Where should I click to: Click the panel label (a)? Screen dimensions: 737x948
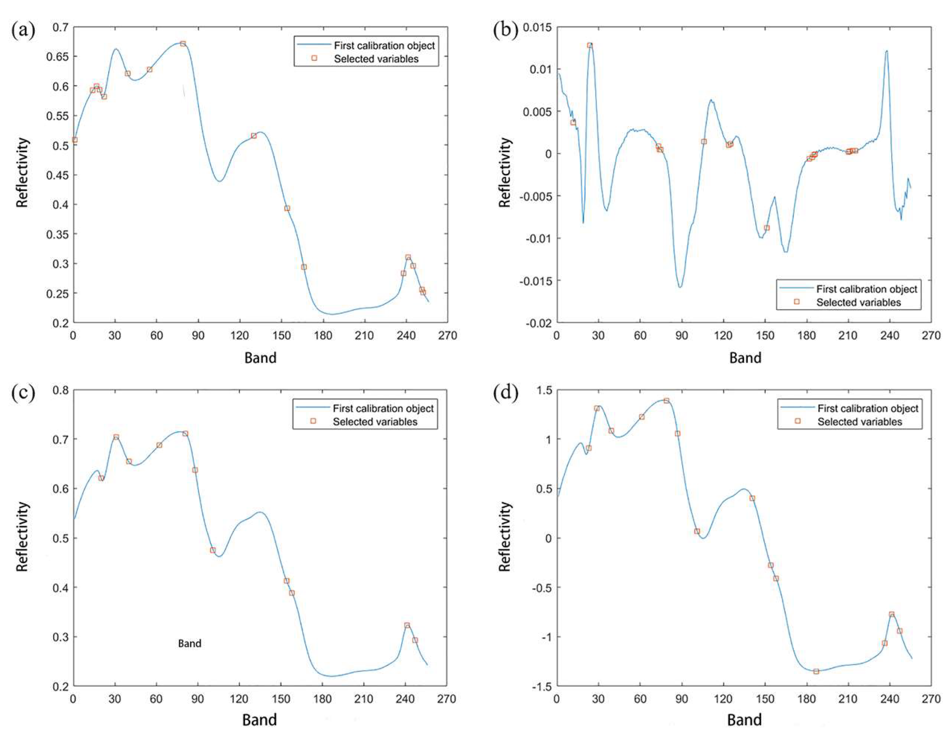click(x=23, y=31)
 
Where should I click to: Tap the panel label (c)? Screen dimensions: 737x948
click(x=23, y=394)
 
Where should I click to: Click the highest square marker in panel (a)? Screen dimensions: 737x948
click(x=183, y=44)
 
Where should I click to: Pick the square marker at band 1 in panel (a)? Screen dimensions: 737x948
click(x=75, y=140)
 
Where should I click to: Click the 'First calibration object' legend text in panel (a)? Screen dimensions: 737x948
click(x=384, y=46)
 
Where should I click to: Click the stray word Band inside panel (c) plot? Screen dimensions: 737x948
click(x=190, y=643)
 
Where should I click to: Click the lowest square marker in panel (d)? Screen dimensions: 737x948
click(x=816, y=672)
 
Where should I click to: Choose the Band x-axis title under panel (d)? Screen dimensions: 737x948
click(x=744, y=720)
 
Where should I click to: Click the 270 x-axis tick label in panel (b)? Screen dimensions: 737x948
click(x=931, y=336)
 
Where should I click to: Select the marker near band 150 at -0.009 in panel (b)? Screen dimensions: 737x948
click(x=767, y=228)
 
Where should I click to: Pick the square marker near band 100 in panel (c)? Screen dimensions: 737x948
click(x=213, y=550)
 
